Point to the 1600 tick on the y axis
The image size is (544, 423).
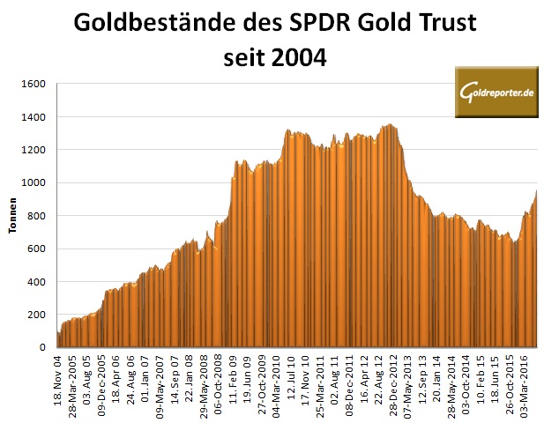[33, 85]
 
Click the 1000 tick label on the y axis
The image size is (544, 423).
[33, 183]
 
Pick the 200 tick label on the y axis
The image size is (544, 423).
[36, 315]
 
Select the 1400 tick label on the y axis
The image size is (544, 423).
[33, 117]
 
